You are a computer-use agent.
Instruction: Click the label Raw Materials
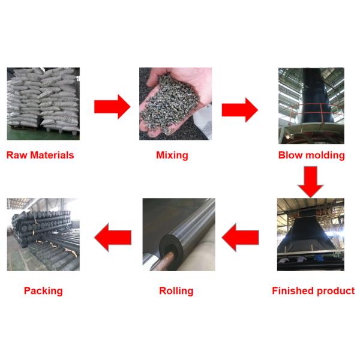[40, 155]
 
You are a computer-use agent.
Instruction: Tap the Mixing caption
[172, 155]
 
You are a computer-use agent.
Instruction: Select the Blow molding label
[311, 155]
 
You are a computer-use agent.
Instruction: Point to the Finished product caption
[313, 291]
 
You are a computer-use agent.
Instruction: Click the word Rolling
[176, 291]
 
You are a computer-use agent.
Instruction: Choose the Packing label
[43, 291]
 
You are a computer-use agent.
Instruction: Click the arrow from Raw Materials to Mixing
[112, 107]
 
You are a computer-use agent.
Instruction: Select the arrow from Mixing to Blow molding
[239, 109]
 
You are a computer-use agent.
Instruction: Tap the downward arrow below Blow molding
[311, 181]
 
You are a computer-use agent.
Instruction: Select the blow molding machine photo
[311, 105]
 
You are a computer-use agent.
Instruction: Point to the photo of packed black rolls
[43, 235]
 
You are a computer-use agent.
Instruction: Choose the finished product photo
[310, 235]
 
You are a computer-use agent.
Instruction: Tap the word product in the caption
[333, 291]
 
